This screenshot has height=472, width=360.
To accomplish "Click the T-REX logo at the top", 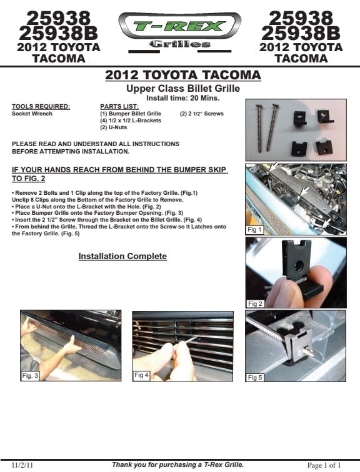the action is click(x=180, y=31).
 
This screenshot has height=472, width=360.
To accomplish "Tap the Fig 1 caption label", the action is click(x=254, y=230).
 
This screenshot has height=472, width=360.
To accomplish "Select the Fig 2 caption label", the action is click(x=255, y=303).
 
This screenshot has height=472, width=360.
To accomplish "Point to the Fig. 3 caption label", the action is click(x=30, y=375).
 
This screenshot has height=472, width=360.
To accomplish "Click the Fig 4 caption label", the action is click(x=141, y=375).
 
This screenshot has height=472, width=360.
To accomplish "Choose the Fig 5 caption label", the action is click(x=255, y=377).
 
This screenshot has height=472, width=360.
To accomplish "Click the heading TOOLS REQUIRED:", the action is click(x=41, y=107).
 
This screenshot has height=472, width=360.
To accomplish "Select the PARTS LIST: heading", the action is click(x=119, y=107).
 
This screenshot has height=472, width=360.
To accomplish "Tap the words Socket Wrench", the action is click(x=32, y=114).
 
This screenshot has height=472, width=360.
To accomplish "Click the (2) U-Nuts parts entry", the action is click(x=114, y=127).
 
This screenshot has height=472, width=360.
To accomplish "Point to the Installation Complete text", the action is click(x=122, y=256).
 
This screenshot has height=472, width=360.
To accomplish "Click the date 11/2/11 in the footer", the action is click(x=22, y=465).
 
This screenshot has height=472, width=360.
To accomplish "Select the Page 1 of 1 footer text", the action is click(x=324, y=465).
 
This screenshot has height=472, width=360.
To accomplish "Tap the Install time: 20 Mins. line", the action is click(x=183, y=98).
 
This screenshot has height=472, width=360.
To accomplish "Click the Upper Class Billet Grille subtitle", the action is click(x=183, y=89).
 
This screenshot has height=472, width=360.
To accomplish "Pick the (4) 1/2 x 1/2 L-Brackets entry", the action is click(x=131, y=120).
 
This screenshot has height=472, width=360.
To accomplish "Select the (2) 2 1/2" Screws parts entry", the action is click(x=202, y=114).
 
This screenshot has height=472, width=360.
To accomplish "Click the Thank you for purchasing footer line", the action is click(x=177, y=465).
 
